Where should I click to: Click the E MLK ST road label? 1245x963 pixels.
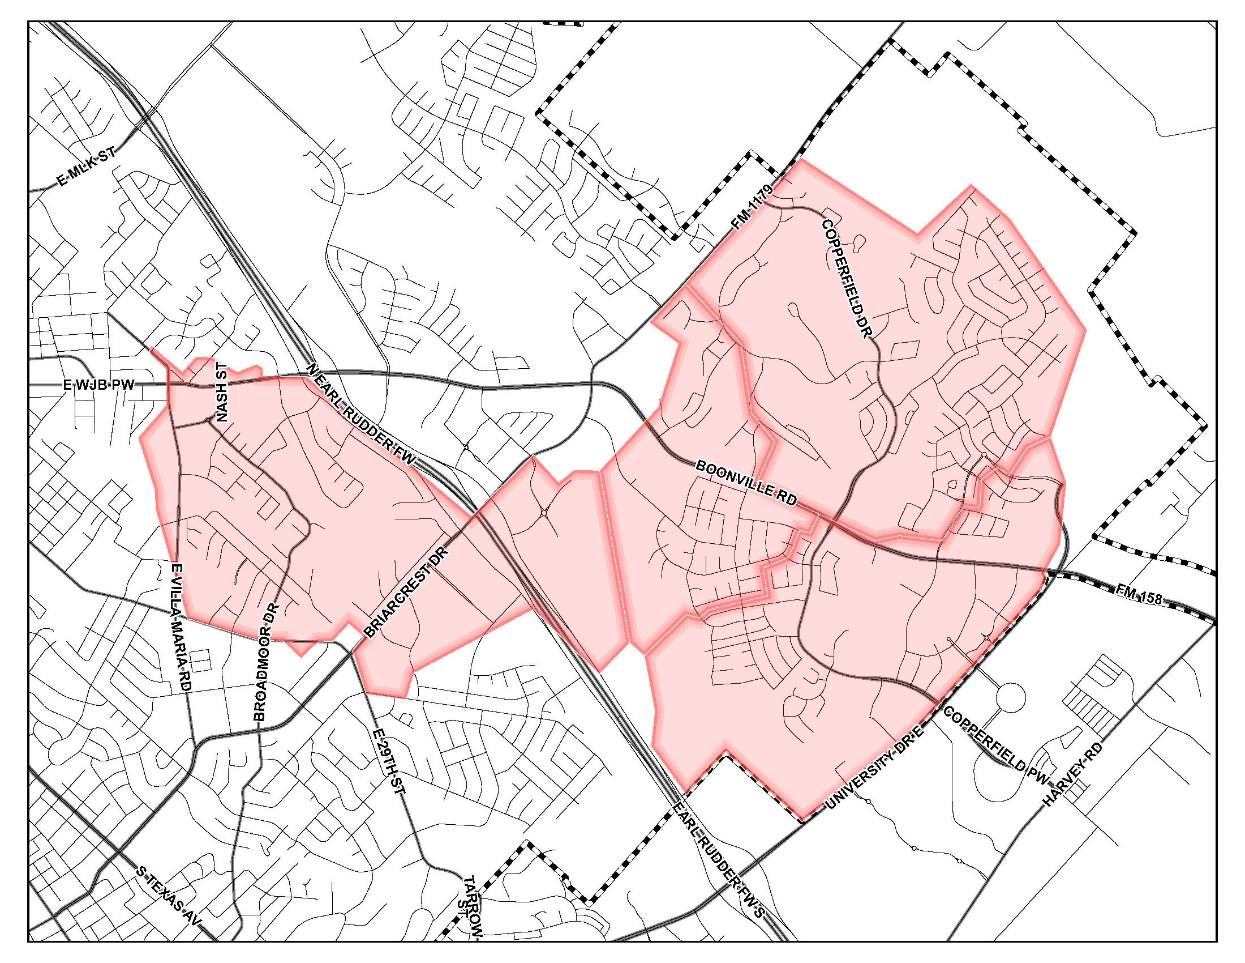pos(87,166)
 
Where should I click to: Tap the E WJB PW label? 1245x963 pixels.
pos(98,385)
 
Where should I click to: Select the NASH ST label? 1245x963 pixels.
pos(221,392)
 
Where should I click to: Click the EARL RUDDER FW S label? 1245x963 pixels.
pos(718,862)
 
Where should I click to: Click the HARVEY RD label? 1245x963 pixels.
pos(1074,774)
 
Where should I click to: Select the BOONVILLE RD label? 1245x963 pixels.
pos(746,483)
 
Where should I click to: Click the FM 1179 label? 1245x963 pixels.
pos(753,207)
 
